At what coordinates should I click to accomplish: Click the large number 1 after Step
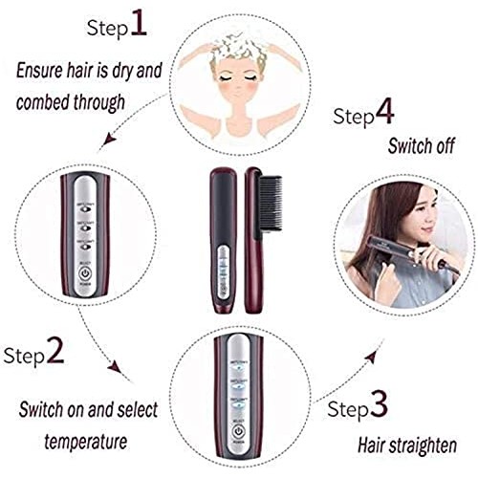tap(139, 22)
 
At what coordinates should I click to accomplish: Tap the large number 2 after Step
tap(55, 356)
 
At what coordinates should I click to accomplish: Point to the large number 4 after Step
tap(383, 114)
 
